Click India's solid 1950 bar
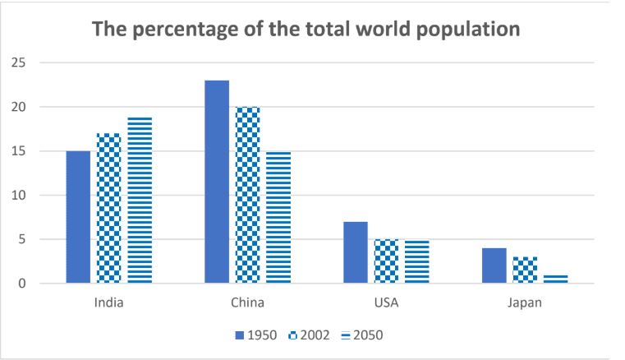coord(78,217)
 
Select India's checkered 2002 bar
coord(108,209)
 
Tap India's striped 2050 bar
coord(140,201)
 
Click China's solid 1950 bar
coord(217,182)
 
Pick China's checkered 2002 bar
coord(247,195)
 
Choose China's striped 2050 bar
coord(278,217)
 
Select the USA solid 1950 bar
coord(356,252)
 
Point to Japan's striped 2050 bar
coord(556,279)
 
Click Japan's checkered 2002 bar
coord(525,270)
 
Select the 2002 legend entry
coord(309,335)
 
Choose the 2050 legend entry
coord(361,335)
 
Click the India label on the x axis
coord(108,302)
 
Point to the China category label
coord(247,302)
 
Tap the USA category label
coord(386,302)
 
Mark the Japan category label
coord(525,302)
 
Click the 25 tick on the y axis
coord(19,62)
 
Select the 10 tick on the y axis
coord(19,196)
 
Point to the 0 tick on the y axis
coord(22,284)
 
